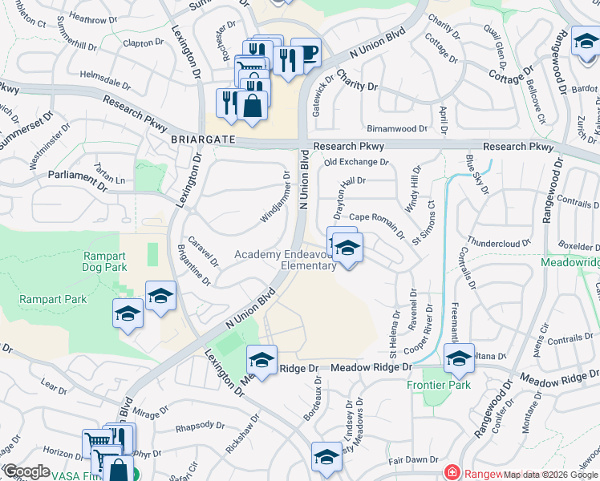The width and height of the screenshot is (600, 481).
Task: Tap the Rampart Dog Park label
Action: [105, 261]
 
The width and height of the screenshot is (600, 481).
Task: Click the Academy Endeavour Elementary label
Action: [286, 260]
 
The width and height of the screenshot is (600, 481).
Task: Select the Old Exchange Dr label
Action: [356, 162]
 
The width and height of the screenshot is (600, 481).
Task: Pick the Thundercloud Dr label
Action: [500, 241]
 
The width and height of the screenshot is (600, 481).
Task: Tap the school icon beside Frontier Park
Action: [460, 360]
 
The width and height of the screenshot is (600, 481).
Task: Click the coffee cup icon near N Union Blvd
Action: [306, 54]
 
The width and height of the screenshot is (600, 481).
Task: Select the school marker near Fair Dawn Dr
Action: [326, 456]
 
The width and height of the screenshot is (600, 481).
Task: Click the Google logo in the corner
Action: [26, 471]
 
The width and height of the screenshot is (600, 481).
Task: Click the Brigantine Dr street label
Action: [193, 265]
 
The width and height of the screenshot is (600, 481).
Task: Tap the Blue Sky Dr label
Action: [477, 176]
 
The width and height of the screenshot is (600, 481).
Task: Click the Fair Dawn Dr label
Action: [411, 460]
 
